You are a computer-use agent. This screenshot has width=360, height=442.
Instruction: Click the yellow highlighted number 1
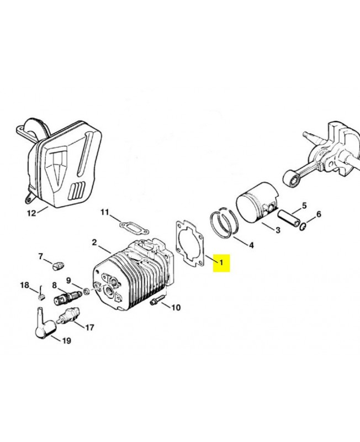click(x=221, y=262)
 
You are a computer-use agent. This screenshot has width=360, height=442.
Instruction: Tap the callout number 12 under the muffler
click(x=31, y=212)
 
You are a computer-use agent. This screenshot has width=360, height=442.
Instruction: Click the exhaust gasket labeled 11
click(x=130, y=226)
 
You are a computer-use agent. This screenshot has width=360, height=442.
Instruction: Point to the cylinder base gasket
click(x=190, y=244)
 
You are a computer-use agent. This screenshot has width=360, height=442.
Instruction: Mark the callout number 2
click(x=94, y=243)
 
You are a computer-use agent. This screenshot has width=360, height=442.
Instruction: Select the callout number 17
click(x=89, y=328)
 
